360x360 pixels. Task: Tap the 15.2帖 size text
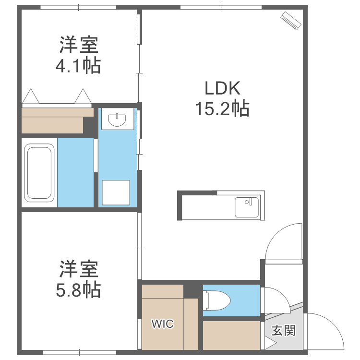coord(222,109)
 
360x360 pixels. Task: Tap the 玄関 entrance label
coord(283,331)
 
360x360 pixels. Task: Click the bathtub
coord(39,173)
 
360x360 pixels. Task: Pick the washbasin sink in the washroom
coord(117,119)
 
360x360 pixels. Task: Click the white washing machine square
coord(116,193)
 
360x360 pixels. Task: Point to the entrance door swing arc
coord(326,331)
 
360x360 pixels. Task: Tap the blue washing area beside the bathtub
coord(75,173)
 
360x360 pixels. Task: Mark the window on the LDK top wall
coord(221,7)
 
